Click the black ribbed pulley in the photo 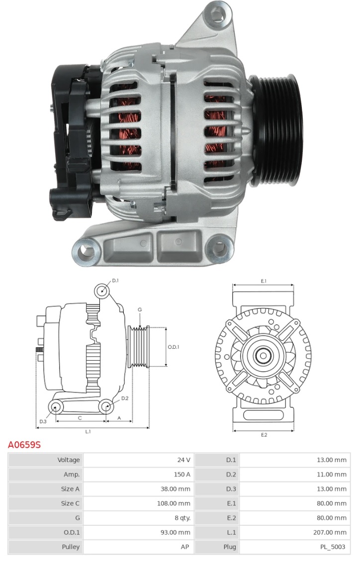pos(276,130)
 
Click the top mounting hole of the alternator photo pos(216,14)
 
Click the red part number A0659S pos(24,445)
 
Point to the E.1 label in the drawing pos(264,281)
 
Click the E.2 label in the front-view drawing pos(264,435)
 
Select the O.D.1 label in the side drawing pos(173,347)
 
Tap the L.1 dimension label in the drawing pos(88,431)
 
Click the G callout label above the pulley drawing pos(140,309)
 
